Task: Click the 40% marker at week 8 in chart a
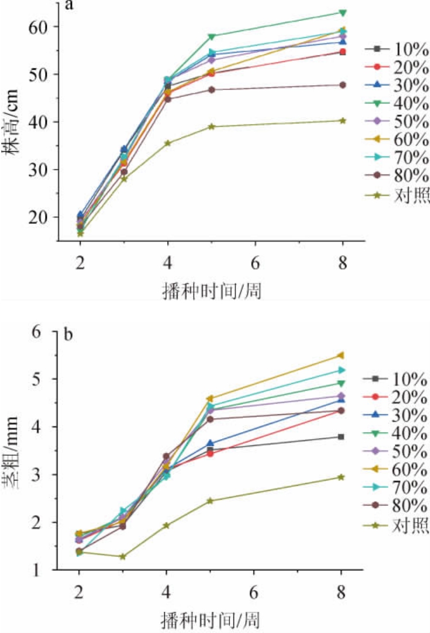pos(342,13)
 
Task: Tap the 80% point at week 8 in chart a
pos(342,85)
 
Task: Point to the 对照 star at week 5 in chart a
pos(212,127)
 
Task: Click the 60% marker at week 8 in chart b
pos(341,355)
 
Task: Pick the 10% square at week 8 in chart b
pos(341,437)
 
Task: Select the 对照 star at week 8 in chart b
pos(341,477)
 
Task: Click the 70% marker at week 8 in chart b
pos(341,370)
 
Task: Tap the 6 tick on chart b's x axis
pos(254,593)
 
